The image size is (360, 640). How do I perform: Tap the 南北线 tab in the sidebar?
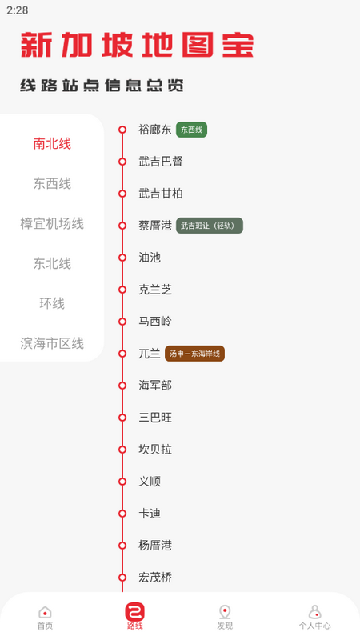(x=52, y=144)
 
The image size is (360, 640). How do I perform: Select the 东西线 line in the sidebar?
(x=52, y=184)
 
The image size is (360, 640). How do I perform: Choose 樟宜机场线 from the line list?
(x=52, y=224)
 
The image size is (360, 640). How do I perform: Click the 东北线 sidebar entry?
(x=52, y=264)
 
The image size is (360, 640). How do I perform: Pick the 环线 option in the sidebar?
(x=52, y=304)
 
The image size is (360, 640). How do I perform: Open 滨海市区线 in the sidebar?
(x=52, y=344)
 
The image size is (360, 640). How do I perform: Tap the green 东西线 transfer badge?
(x=191, y=130)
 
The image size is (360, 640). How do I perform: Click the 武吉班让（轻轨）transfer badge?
(x=209, y=226)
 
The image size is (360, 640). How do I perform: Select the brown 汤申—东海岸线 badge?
(x=194, y=354)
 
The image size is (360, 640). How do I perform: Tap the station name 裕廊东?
(x=155, y=130)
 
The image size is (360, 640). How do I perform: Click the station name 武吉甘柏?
(x=161, y=194)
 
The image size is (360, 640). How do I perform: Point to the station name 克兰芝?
(x=155, y=290)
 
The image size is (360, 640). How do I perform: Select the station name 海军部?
(x=155, y=386)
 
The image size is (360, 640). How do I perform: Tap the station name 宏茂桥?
(x=155, y=578)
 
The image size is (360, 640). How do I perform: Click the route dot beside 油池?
(x=122, y=258)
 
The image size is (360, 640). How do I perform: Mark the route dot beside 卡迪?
(x=122, y=514)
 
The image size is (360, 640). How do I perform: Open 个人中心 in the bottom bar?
(x=314, y=617)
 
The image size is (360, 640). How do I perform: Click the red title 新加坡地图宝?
(x=137, y=45)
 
